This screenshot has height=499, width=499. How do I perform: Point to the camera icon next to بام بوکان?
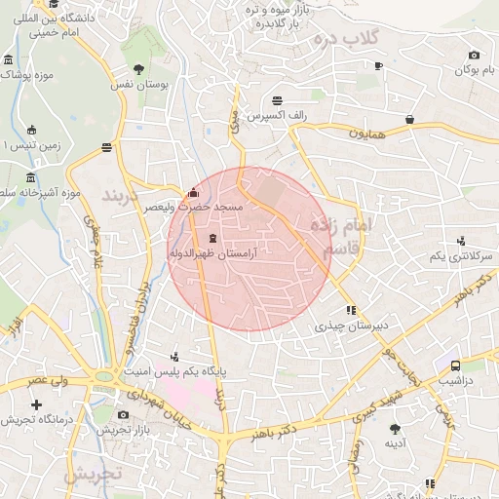pyautogui.click(x=474, y=56)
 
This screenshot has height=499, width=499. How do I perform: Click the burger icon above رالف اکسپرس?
pyautogui.click(x=278, y=99)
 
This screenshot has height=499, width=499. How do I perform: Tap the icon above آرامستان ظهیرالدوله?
pyautogui.click(x=212, y=238)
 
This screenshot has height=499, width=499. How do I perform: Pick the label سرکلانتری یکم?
pyautogui.click(x=457, y=255)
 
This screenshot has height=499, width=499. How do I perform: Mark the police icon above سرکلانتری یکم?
pyautogui.click(x=460, y=240)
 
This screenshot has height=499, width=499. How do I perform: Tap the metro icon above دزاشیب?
pyautogui.click(x=455, y=365)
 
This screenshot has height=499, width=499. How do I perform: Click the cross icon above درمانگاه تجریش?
pyautogui.click(x=37, y=403)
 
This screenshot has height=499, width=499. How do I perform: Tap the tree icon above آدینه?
pyautogui.click(x=395, y=428)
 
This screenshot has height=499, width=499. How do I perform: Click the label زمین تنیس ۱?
pyautogui.click(x=19, y=146)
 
